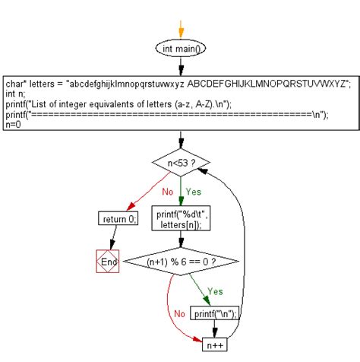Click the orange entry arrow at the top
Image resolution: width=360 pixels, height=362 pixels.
click(x=181, y=27)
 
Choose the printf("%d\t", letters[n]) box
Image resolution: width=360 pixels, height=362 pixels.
click(x=181, y=220)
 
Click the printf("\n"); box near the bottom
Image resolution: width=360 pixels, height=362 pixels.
click(x=215, y=313)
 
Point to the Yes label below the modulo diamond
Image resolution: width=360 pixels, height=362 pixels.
click(x=215, y=291)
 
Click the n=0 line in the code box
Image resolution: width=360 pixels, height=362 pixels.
click(x=13, y=125)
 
